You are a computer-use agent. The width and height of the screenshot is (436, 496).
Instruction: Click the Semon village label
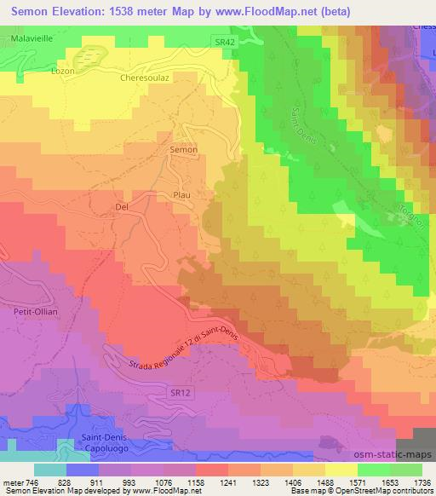tap(184, 150)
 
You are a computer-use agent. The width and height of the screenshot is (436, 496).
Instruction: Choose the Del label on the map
tap(120, 206)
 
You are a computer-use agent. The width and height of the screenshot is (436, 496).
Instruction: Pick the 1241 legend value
tap(226, 482)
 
